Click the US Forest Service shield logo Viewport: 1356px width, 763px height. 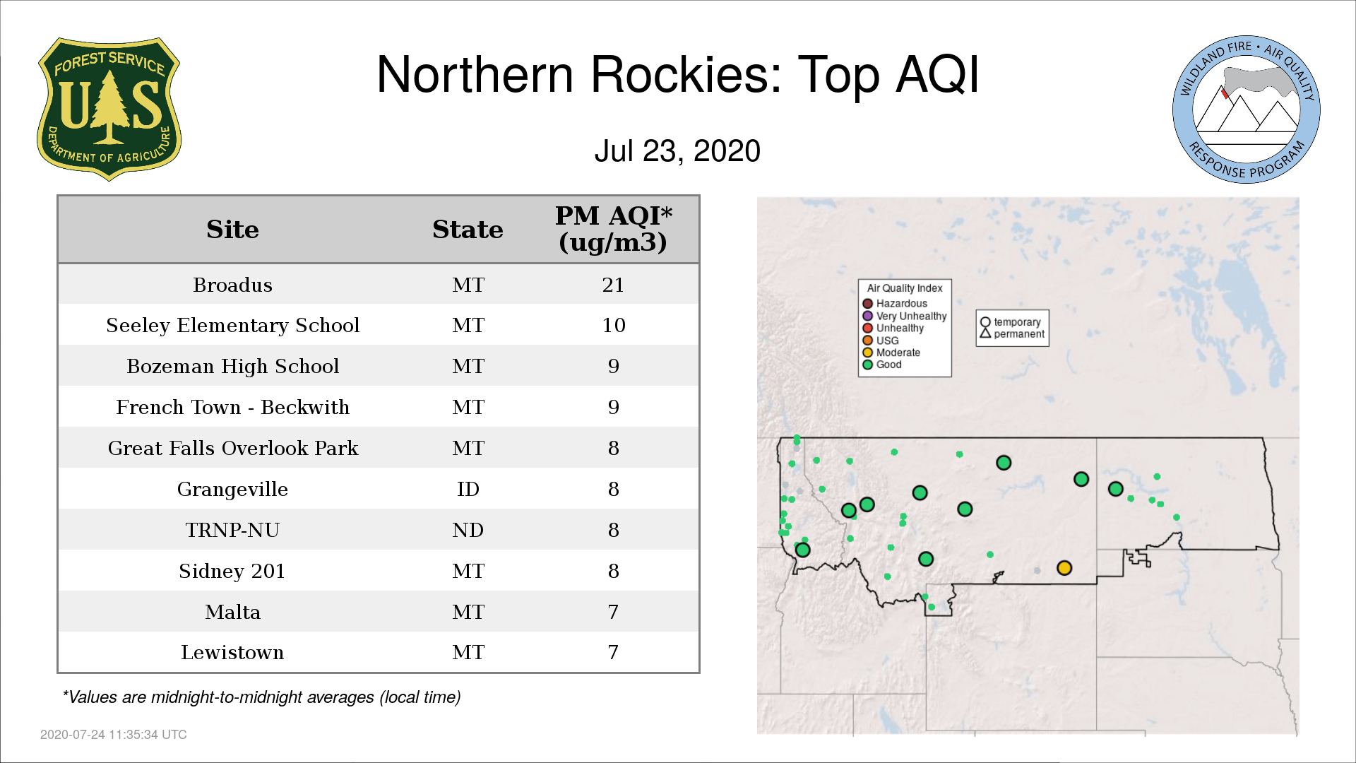coord(109,110)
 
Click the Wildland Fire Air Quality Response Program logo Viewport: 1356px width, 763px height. coord(1247,110)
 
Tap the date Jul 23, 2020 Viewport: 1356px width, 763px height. coord(677,151)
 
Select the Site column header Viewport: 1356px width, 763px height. coord(232,230)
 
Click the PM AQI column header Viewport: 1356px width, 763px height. coord(613,229)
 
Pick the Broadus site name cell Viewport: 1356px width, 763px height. coord(232,285)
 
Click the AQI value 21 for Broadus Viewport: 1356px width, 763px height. coord(613,285)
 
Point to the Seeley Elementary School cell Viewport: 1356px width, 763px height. coord(232,326)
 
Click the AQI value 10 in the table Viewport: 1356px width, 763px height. coord(614,326)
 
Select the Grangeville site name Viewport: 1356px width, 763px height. coord(232,490)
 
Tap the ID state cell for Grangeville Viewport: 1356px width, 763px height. coord(468,489)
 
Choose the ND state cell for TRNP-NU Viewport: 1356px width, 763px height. coord(468,530)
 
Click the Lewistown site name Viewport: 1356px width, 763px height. coord(232,653)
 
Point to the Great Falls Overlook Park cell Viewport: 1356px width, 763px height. coord(232,449)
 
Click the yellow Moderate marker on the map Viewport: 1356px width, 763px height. coord(1064,568)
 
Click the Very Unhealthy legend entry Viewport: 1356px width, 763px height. coord(905,316)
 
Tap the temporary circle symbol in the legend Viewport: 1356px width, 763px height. coord(985,321)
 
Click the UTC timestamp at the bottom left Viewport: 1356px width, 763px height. coord(114,735)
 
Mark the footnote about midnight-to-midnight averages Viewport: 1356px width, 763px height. coord(261,697)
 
